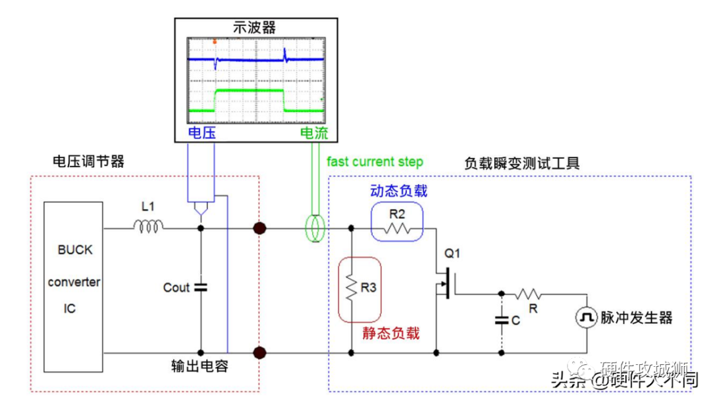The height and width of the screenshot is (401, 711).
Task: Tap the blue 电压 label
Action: (x=201, y=132)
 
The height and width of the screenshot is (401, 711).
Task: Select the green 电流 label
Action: (x=313, y=132)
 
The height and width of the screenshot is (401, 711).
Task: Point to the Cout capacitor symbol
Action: (x=201, y=287)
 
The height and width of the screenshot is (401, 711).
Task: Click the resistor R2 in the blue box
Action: (x=396, y=228)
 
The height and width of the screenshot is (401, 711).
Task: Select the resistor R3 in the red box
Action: (x=351, y=288)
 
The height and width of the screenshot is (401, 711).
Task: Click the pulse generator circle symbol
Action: (x=586, y=318)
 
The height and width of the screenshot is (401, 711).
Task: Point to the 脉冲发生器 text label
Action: (x=636, y=318)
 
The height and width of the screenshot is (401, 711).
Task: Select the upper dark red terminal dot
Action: (x=260, y=229)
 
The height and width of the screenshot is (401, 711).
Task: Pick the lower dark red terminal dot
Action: (x=260, y=353)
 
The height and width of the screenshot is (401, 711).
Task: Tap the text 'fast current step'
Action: (x=375, y=162)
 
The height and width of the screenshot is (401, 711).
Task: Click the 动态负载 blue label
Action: (x=398, y=191)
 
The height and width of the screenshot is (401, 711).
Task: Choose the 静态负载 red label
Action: (x=390, y=333)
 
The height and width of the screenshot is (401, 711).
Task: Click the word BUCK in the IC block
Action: (x=75, y=250)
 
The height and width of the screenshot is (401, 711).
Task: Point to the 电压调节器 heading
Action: (x=88, y=162)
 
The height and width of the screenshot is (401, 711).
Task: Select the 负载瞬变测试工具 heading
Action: (x=522, y=163)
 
